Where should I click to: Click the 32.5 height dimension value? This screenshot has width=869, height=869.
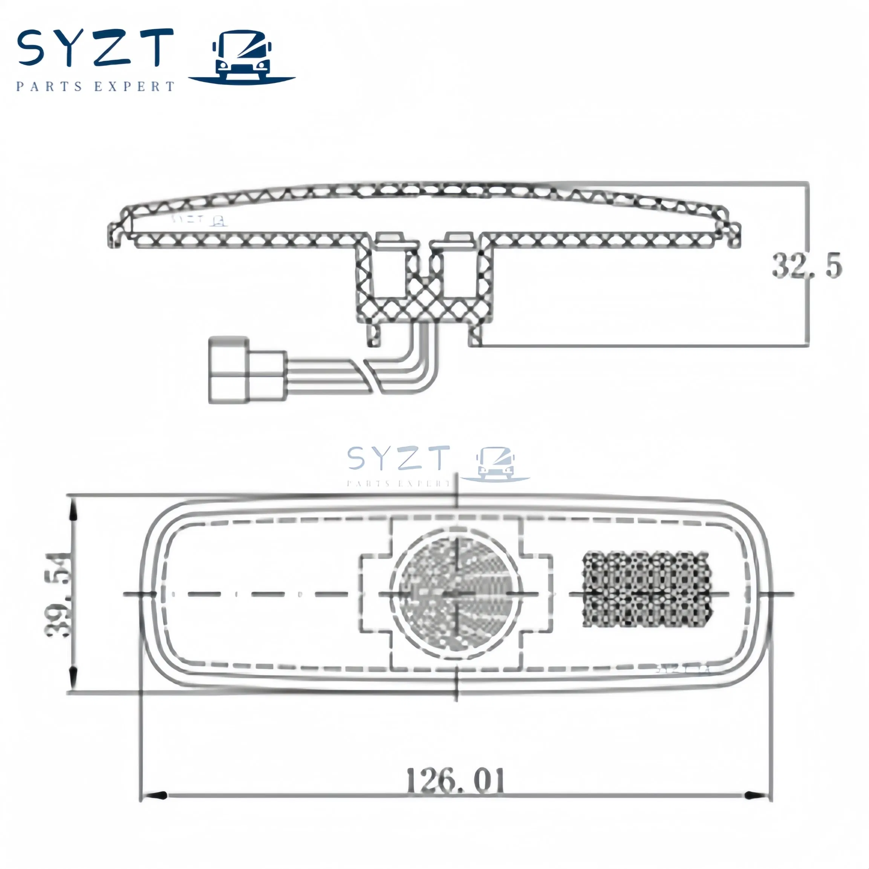click(806, 265)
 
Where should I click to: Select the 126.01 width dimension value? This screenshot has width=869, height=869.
click(455, 781)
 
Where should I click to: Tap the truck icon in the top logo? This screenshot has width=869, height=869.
click(242, 58)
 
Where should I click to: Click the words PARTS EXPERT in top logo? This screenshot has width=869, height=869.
click(95, 86)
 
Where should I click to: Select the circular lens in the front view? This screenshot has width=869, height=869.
click(456, 594)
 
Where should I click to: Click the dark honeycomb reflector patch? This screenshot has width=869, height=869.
click(647, 589)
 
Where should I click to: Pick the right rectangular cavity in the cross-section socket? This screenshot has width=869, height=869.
click(460, 274)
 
